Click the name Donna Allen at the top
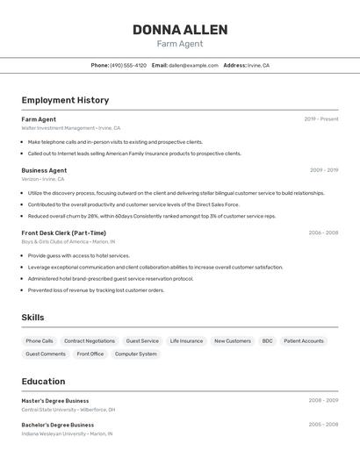(180, 30)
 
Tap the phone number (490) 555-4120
(128, 65)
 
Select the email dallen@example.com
(193, 65)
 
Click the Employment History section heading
(65, 100)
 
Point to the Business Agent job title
(44, 170)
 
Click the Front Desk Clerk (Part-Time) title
(63, 233)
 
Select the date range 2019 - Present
(320, 119)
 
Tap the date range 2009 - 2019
(323, 170)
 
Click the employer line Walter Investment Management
(71, 128)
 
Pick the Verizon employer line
(43, 179)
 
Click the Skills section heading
(32, 318)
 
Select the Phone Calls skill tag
(40, 341)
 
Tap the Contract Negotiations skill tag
(89, 341)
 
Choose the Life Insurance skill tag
(186, 341)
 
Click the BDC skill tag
(267, 341)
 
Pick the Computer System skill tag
(135, 354)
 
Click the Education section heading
(43, 382)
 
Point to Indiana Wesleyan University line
(67, 433)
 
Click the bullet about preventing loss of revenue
(96, 290)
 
